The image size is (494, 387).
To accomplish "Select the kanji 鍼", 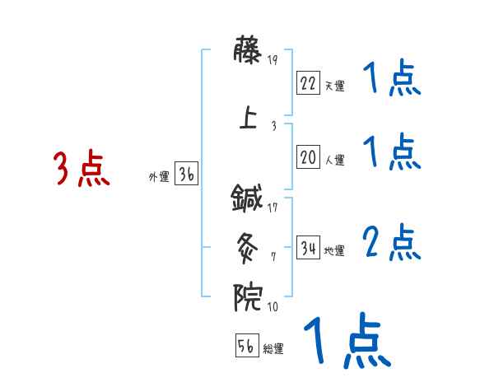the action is click(248, 198).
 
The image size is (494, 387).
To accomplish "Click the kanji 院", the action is click(248, 297).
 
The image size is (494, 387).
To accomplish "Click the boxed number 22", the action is click(308, 82).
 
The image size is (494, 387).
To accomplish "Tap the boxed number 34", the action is click(308, 248).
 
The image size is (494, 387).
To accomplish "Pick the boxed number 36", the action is click(186, 175).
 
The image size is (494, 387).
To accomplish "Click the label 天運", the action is click(334, 86).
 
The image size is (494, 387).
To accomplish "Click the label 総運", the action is click(273, 349).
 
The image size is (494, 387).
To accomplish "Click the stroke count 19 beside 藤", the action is click(274, 58).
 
